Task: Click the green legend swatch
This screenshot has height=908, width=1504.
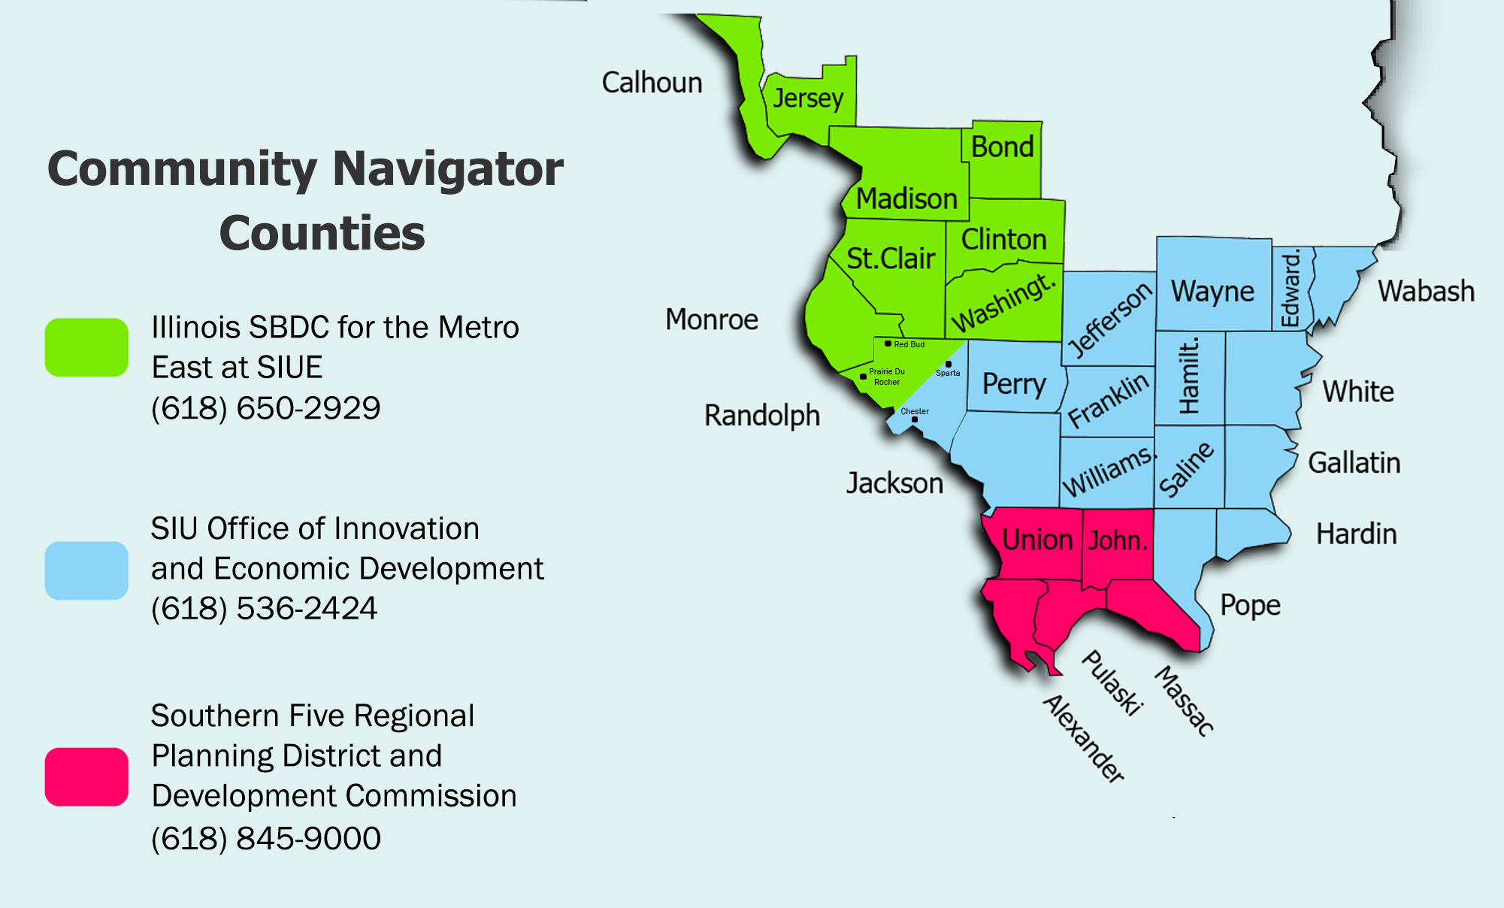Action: coord(86,347)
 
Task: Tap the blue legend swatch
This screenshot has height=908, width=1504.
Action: coord(86,571)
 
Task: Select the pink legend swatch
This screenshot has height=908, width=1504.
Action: coord(86,776)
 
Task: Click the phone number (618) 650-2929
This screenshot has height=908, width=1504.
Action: coord(265,408)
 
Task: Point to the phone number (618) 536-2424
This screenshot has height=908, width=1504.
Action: coord(264,608)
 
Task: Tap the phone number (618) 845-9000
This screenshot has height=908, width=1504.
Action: coord(265,838)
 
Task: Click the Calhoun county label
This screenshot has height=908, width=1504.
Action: coord(652,83)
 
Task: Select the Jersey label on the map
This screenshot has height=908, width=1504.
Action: coord(808,98)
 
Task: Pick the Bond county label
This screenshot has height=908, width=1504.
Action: coord(1002,147)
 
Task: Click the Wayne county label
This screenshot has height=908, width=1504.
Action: coord(1212,292)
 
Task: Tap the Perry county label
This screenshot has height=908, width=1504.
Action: coord(1014,384)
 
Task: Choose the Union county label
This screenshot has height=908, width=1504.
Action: coord(1037,540)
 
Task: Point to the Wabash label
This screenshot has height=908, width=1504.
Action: coord(1426,291)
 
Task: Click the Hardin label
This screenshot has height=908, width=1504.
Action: coord(1356,534)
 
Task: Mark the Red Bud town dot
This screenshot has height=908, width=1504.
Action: coord(888,344)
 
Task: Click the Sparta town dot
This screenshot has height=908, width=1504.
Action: coord(949,364)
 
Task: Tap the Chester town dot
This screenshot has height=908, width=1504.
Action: coord(915,419)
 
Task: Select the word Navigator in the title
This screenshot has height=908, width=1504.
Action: coord(448,168)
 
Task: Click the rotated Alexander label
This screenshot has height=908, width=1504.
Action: coord(1084,739)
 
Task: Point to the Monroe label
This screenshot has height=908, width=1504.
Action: coord(711,319)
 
